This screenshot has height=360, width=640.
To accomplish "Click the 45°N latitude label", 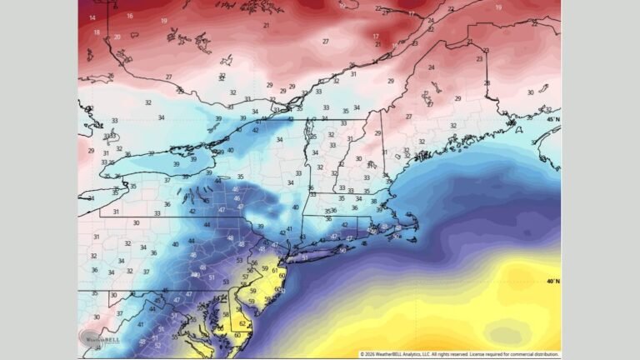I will [552, 119].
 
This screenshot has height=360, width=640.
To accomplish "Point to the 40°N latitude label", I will [552, 281].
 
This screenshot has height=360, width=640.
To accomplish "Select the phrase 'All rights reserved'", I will [448, 354].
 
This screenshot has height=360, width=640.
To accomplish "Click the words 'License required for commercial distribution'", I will [516, 354].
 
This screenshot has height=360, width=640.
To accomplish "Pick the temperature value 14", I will [92, 17].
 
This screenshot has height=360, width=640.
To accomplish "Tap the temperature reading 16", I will [129, 15].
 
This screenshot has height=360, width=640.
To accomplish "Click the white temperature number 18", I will [97, 32].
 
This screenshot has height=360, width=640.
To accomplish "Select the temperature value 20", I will [117, 37].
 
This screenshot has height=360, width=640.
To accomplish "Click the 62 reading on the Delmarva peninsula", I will [242, 324].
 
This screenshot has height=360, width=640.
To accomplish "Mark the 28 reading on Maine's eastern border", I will [487, 83].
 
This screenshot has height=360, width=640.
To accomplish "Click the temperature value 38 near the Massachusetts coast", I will [373, 201].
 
